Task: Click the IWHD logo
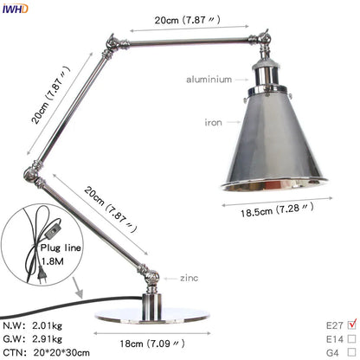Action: [x=16, y=9]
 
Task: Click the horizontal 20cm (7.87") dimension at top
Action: [x=184, y=20]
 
